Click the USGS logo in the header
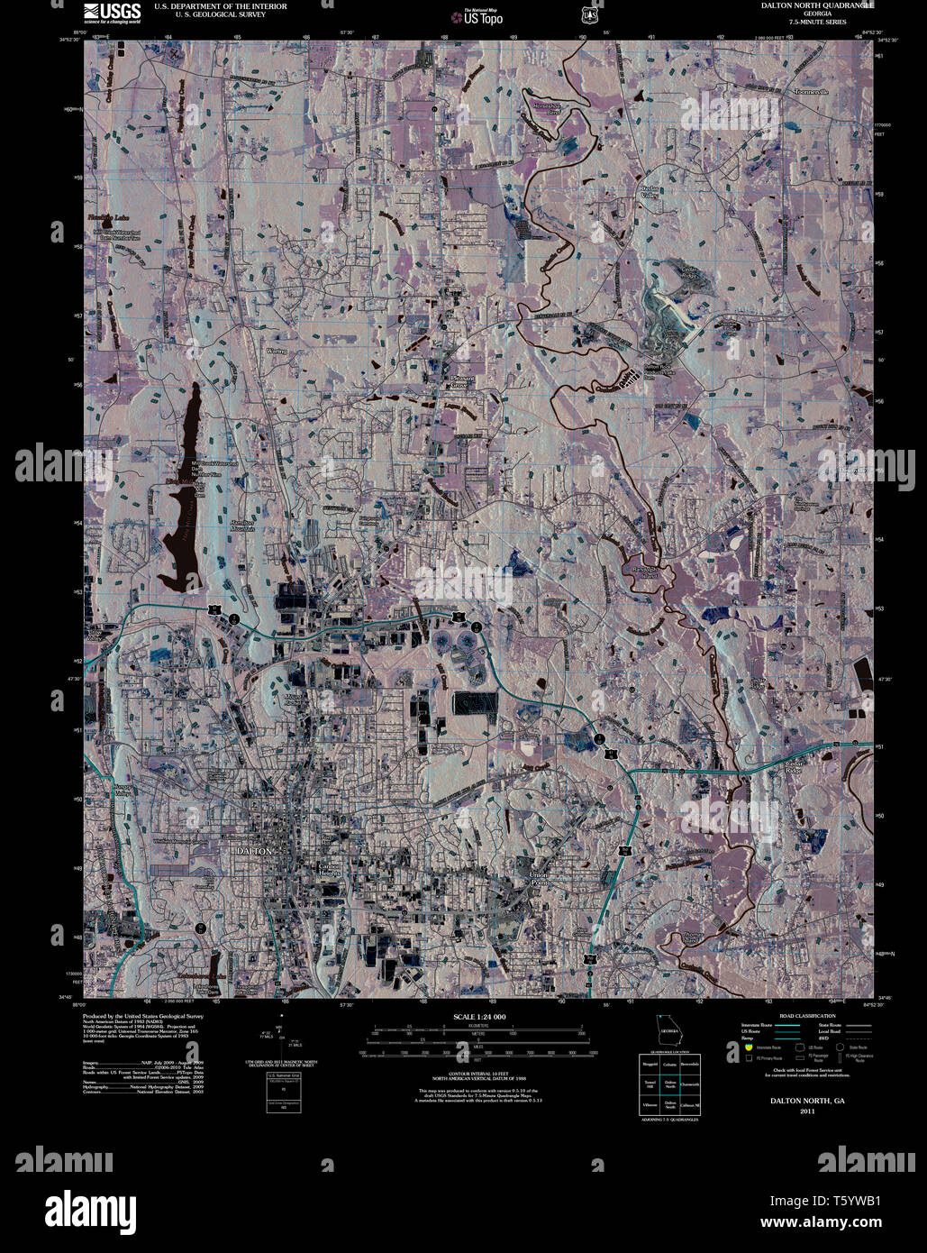(x=112, y=12)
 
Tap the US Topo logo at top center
(x=477, y=15)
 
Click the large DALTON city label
(x=252, y=850)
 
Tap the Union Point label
(x=539, y=878)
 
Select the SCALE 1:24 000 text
(x=479, y=1017)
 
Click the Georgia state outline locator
(x=669, y=1030)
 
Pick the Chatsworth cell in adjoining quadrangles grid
(x=690, y=1084)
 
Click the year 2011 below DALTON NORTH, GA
(x=806, y=1112)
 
